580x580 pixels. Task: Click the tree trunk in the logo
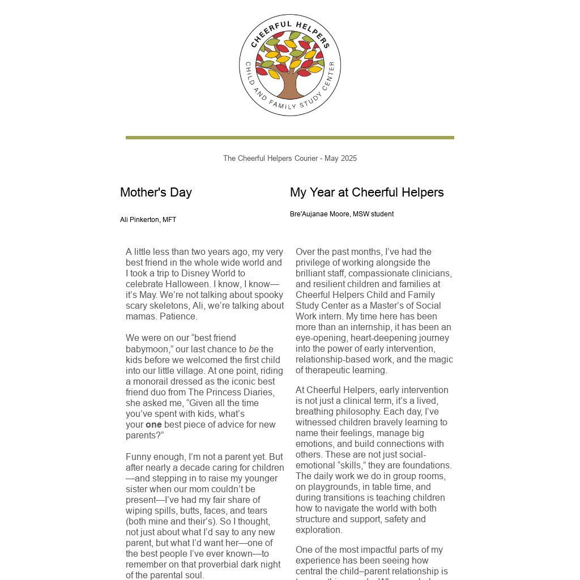tap(289, 86)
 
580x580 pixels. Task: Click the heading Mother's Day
tap(156, 193)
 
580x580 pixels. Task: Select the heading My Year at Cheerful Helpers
tap(366, 193)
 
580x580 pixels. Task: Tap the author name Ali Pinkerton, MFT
tap(148, 220)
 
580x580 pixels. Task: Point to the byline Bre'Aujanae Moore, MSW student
tap(342, 214)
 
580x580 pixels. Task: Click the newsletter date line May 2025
tap(340, 159)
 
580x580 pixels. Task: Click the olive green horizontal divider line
tap(289, 138)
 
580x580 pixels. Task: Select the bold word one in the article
tap(153, 425)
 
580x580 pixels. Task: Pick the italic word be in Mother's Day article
tap(254, 349)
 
